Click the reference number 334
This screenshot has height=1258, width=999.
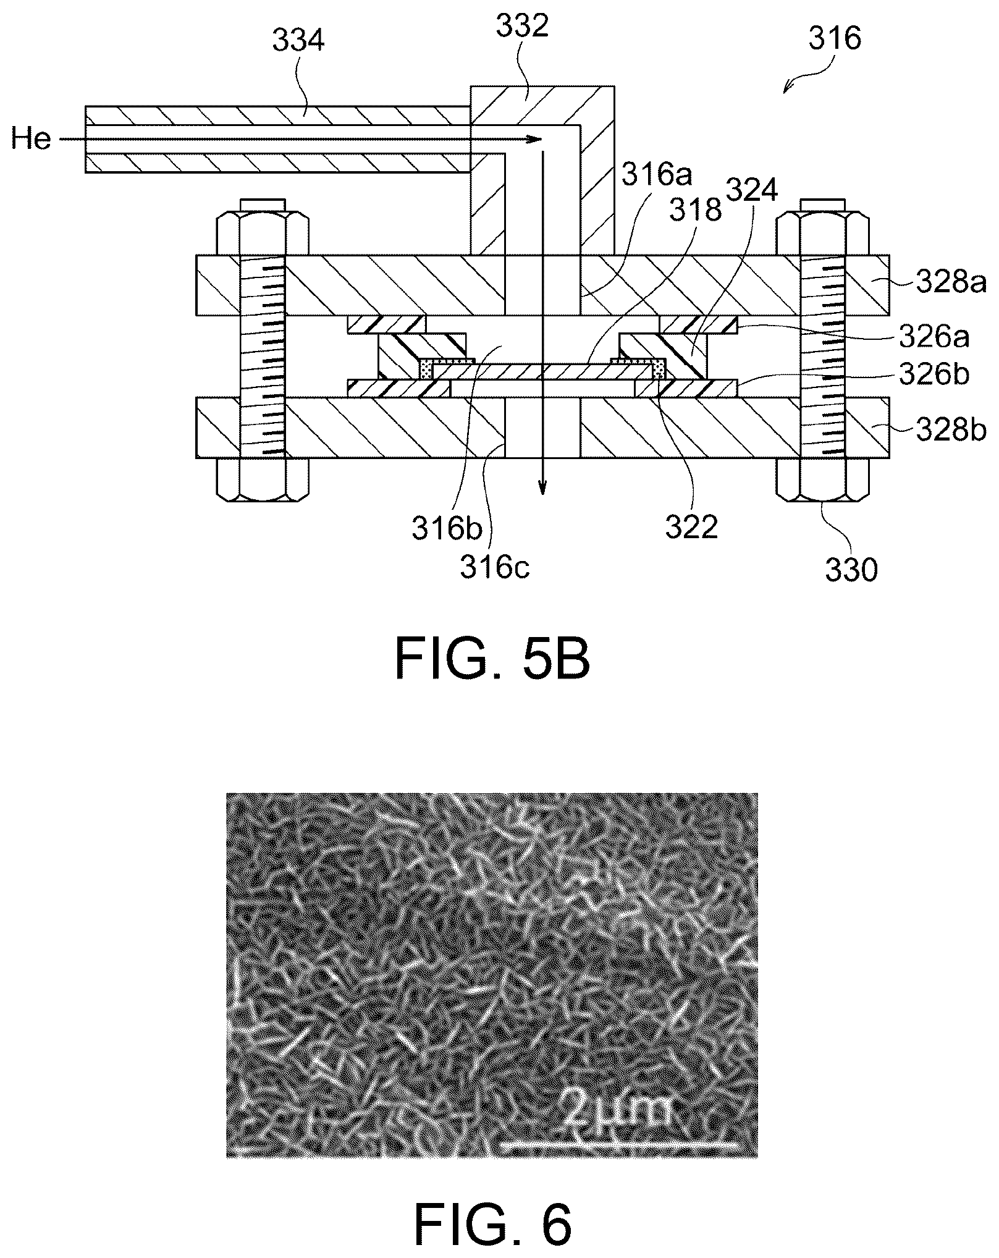(x=299, y=42)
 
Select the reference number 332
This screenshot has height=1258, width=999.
(x=523, y=28)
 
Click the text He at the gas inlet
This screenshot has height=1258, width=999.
(x=31, y=139)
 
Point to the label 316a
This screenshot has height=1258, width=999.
(x=657, y=175)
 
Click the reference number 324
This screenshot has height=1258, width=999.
(x=751, y=192)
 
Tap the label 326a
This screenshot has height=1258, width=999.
(x=934, y=337)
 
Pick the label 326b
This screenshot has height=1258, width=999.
(x=934, y=375)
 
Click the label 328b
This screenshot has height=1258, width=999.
(x=951, y=430)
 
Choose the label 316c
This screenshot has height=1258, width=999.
(x=495, y=567)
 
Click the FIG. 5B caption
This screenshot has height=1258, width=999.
(x=492, y=660)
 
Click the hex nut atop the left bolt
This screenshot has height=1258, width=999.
(x=263, y=234)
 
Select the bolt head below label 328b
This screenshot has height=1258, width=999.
(x=822, y=479)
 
